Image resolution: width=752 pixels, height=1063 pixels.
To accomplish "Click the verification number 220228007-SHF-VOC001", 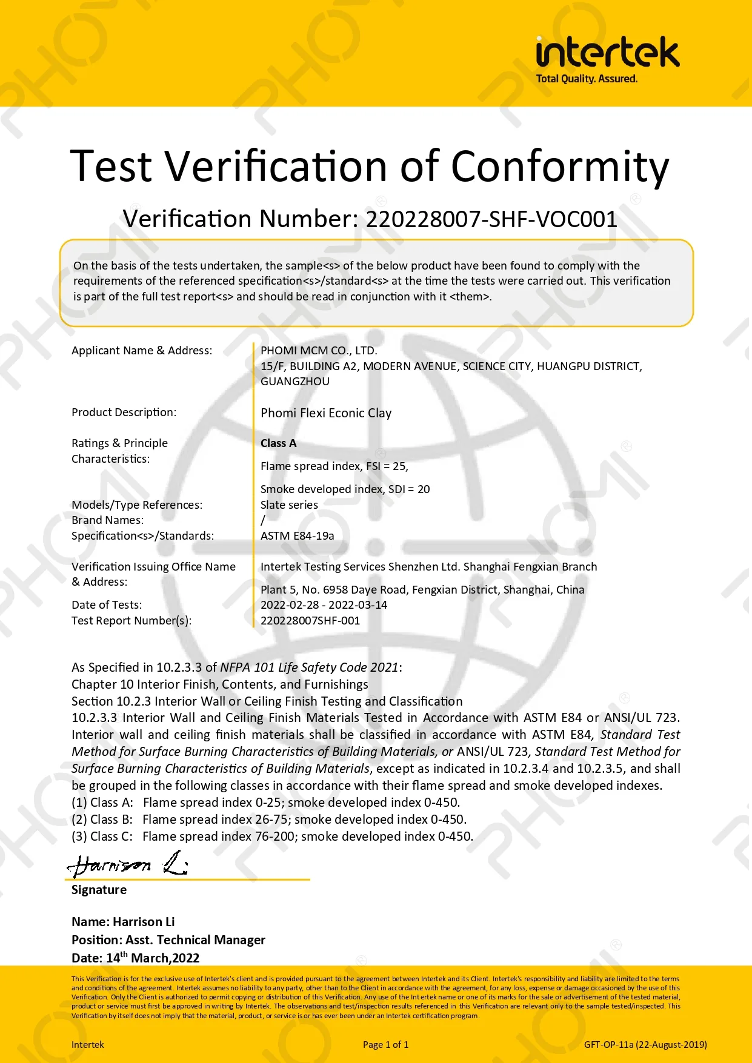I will click(491, 219).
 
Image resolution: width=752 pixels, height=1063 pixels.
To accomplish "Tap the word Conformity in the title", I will click(560, 167).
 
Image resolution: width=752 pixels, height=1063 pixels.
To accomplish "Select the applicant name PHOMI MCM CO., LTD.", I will click(319, 351).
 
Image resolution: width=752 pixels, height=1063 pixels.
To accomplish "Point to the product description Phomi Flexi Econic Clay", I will click(326, 413).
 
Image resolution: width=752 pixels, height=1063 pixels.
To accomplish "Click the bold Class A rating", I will click(278, 443).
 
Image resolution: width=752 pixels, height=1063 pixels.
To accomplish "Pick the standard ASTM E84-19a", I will click(297, 536).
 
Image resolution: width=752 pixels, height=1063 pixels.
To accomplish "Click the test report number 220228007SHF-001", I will click(310, 621).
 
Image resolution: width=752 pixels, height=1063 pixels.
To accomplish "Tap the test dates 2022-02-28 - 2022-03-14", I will click(324, 605).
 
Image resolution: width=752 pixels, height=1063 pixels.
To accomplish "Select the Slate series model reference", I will click(289, 505).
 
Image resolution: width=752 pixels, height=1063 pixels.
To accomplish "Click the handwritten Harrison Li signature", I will click(127, 864).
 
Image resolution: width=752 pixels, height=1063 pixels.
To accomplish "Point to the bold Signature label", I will click(99, 890).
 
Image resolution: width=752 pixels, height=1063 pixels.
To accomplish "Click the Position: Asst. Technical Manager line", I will click(168, 940).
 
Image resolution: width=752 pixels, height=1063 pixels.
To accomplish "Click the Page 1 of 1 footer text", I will click(385, 1044).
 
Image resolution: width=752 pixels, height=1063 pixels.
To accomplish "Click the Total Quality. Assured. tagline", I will click(587, 79).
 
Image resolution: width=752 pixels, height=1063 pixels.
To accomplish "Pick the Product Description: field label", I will click(124, 412).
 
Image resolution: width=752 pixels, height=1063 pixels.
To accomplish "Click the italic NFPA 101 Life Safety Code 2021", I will click(309, 667).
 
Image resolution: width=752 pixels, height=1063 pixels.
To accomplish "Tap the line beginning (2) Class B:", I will click(269, 820).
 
